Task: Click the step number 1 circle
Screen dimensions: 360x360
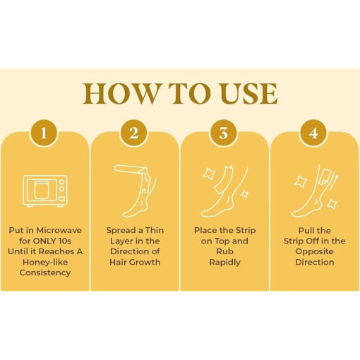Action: [x=44, y=133]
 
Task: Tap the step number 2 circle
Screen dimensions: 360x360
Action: [x=134, y=133]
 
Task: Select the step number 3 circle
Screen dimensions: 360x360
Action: [x=224, y=133]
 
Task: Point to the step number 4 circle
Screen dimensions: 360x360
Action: [x=313, y=133]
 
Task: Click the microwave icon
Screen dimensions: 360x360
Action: [x=45, y=191]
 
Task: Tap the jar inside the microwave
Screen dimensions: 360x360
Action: [x=42, y=190]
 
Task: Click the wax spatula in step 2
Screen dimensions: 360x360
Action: [x=128, y=169]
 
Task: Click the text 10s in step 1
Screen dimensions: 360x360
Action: [x=65, y=241]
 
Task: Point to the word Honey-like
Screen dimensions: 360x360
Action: [x=45, y=262]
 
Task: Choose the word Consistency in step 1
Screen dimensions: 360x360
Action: [x=45, y=272]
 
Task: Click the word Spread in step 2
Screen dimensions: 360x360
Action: [x=121, y=230]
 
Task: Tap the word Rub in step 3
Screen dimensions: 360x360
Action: [x=224, y=251]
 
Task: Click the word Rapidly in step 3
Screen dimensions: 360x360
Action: [x=224, y=262]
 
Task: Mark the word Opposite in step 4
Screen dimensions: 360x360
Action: [x=314, y=251]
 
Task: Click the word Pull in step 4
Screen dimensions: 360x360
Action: [x=305, y=230]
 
